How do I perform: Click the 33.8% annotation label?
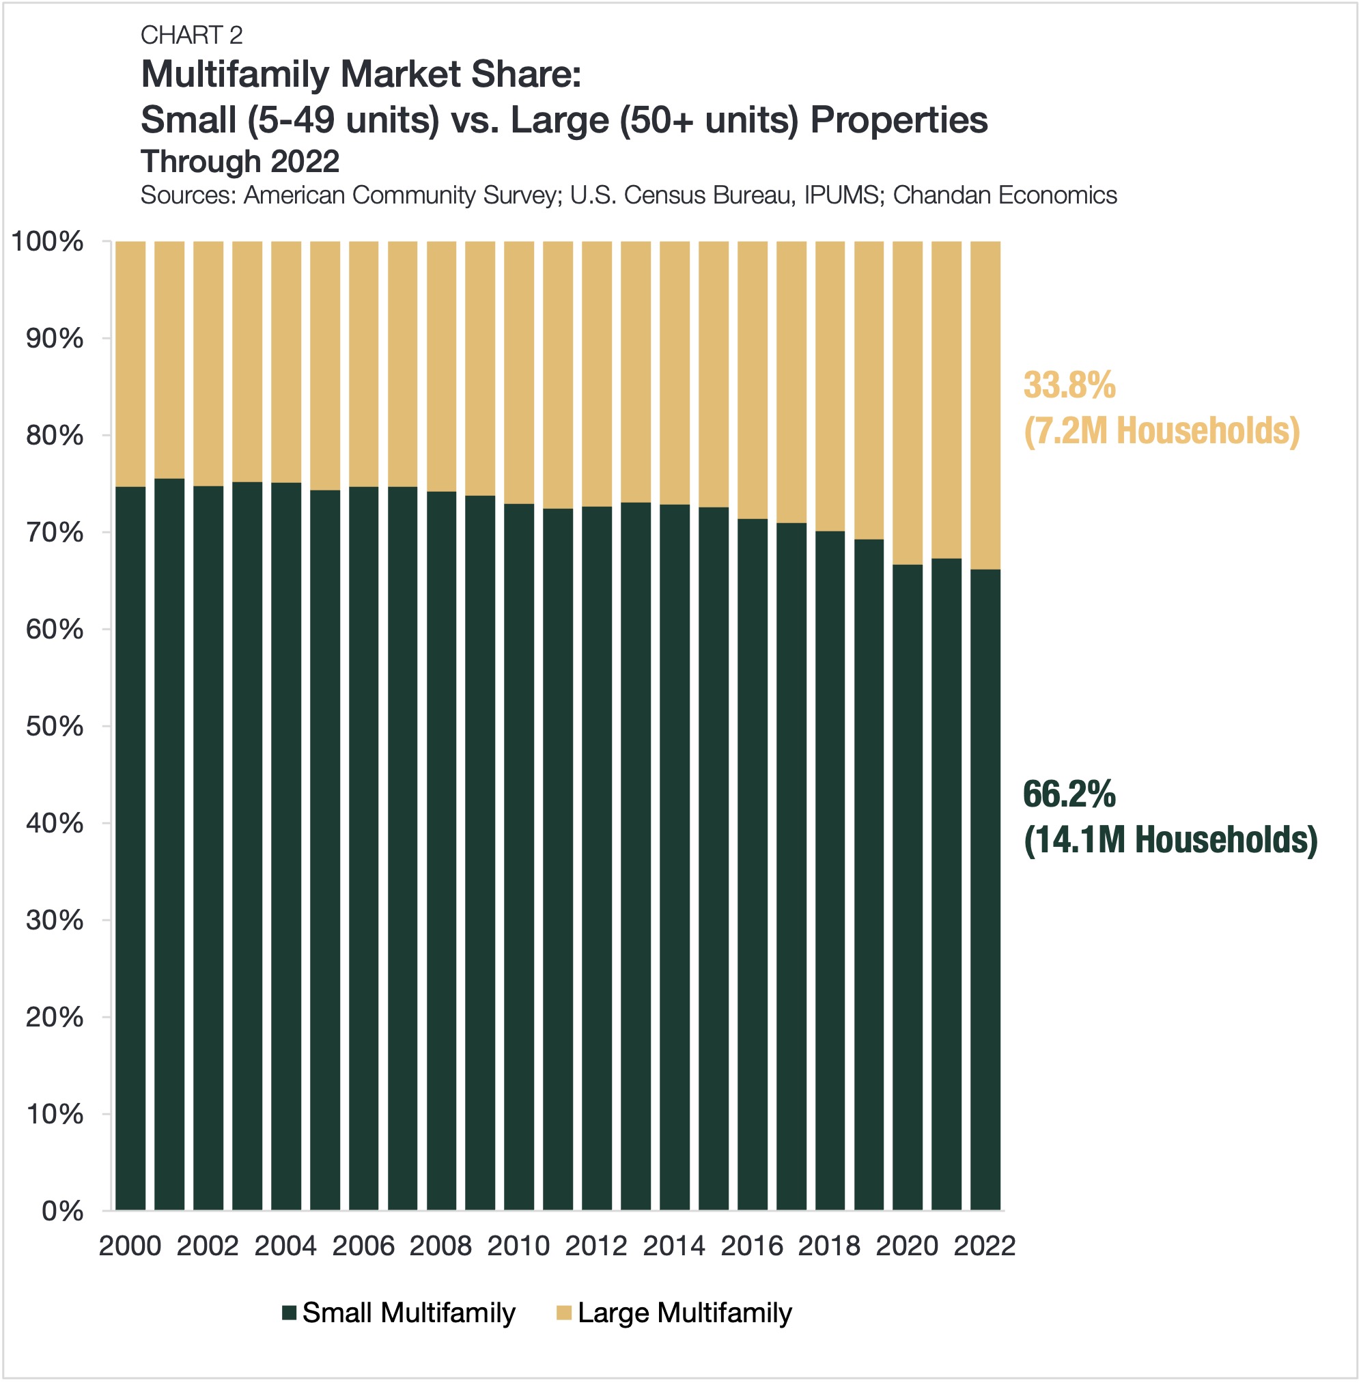[x=1069, y=386]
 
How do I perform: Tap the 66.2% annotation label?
[x=1069, y=795]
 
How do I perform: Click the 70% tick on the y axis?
[x=55, y=533]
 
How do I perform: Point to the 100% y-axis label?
[x=47, y=242]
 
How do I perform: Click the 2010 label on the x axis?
[x=518, y=1246]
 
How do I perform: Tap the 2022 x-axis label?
[x=984, y=1246]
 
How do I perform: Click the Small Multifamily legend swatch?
[x=290, y=1313]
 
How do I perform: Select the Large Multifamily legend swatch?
[x=564, y=1313]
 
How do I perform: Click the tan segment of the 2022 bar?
[x=985, y=404]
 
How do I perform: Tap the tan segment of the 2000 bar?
[x=130, y=363]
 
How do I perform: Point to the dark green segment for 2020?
[x=907, y=886]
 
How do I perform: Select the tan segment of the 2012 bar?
[x=596, y=373]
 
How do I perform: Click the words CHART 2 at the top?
[x=192, y=35]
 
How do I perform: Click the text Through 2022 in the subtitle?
[x=240, y=162]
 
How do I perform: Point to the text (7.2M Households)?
[x=1161, y=431]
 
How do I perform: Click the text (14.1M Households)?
[x=1170, y=840]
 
